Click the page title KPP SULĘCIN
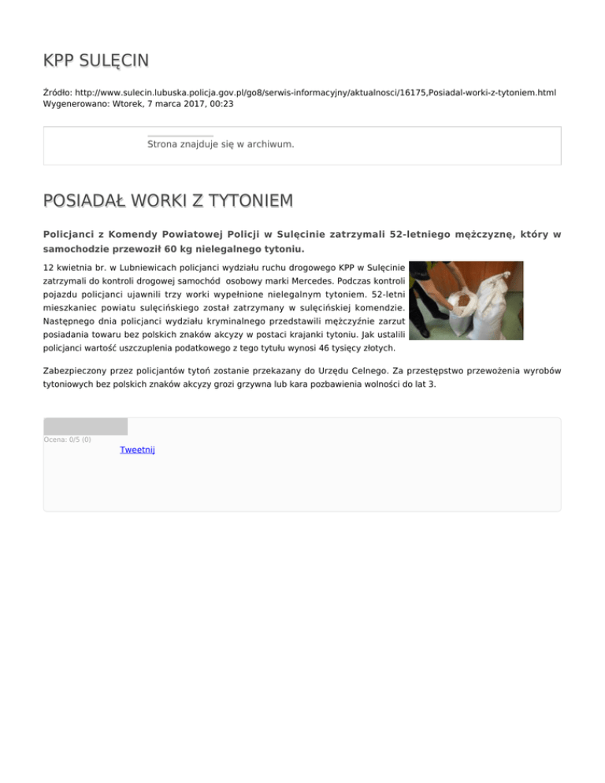96,61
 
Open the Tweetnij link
137,450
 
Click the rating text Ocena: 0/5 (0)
67,440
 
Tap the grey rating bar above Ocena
85,426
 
